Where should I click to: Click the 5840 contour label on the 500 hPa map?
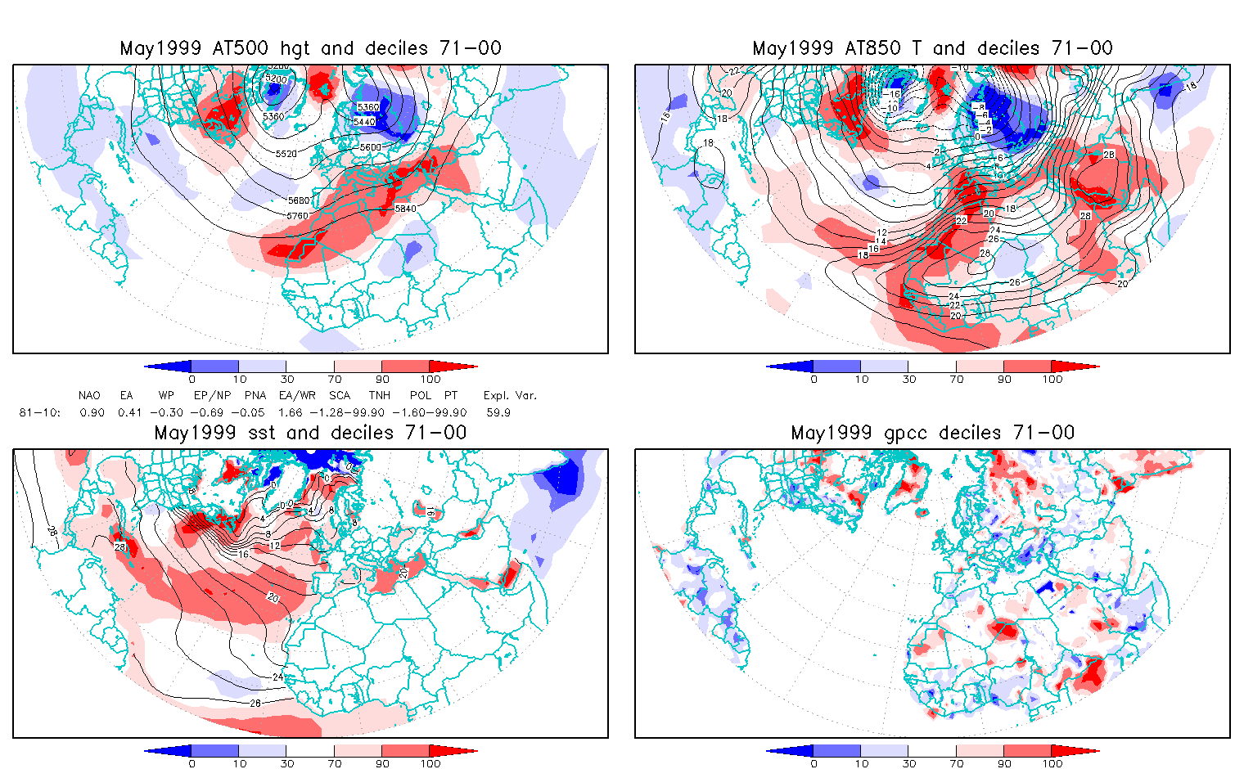coord(405,209)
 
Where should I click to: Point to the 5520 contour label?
coord(286,154)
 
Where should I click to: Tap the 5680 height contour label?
coord(299,200)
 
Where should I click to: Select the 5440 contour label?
coord(364,122)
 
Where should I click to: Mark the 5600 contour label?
coord(371,146)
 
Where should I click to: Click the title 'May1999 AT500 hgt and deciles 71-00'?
coord(310,48)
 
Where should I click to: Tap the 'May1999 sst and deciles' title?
coord(310,433)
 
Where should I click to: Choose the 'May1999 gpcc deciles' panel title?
coord(932,433)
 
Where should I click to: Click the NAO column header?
coord(89,396)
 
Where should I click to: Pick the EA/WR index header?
coord(297,396)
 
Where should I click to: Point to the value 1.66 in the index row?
coord(291,412)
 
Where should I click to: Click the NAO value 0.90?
coord(92,412)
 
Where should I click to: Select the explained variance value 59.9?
coord(498,412)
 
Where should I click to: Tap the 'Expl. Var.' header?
coord(510,396)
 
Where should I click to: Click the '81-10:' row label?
coord(39,412)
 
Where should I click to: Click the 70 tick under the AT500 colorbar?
coord(334,379)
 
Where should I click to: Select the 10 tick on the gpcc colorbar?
coord(861,763)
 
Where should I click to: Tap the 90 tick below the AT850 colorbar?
coord(1004,379)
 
